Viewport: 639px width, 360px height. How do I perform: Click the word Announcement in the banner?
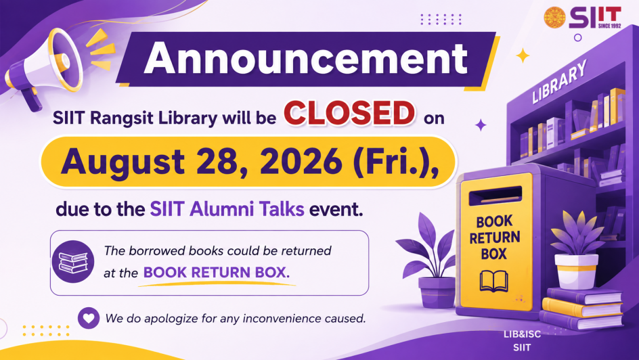tap(306, 58)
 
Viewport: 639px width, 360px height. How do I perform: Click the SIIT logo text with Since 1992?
tap(595, 18)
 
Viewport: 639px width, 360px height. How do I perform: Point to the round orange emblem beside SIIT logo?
tap(555, 18)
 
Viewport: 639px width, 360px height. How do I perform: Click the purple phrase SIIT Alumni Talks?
tap(227, 209)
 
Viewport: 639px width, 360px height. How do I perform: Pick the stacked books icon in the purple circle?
tap(73, 262)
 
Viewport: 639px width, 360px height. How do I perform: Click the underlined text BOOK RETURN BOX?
tap(217, 273)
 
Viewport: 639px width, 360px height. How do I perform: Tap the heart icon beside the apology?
tap(89, 317)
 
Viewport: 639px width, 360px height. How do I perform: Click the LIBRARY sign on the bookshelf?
tap(559, 81)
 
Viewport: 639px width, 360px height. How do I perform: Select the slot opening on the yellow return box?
tap(495, 196)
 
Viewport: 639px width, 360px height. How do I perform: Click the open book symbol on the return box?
tap(493, 281)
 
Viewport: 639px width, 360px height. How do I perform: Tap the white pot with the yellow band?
tap(576, 271)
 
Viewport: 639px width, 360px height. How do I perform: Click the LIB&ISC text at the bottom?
tap(522, 334)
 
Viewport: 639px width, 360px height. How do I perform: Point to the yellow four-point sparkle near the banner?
tap(523, 55)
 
